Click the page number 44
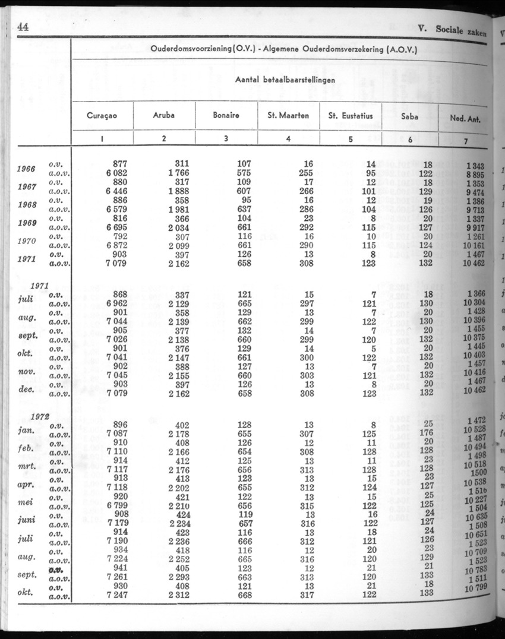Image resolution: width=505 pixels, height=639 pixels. (23, 27)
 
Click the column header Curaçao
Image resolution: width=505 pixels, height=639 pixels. (102, 116)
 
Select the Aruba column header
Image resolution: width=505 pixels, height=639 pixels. (164, 116)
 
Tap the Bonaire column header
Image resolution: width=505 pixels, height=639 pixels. (226, 116)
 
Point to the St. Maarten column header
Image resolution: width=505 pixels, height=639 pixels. (288, 116)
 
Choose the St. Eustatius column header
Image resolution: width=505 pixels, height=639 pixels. (351, 116)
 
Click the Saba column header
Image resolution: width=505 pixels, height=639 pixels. (410, 117)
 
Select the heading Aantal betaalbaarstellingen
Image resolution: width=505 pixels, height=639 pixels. (285, 79)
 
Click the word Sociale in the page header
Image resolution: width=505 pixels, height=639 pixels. (453, 29)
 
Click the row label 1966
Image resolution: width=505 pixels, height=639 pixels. (27, 168)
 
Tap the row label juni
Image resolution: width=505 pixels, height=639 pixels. (27, 520)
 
